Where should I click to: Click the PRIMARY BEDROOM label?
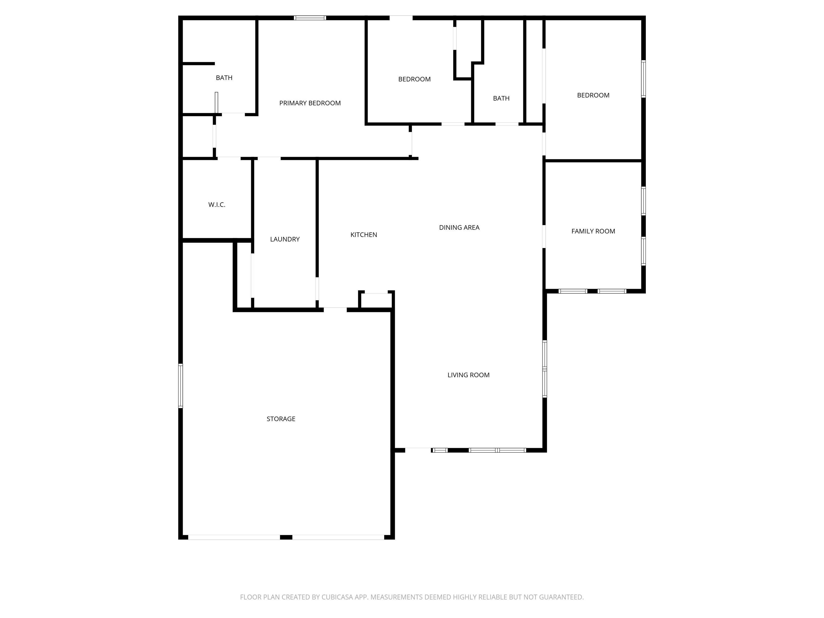coord(310,103)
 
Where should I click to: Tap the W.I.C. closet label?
coord(217,204)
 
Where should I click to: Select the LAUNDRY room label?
coord(285,239)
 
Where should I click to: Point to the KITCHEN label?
coord(363,235)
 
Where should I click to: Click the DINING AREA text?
coord(459,228)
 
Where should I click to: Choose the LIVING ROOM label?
coord(468,375)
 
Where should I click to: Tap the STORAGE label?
coord(281,419)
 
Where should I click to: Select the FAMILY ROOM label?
coord(593,231)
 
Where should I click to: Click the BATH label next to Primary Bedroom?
coord(224,78)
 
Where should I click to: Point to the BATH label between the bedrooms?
coord(501,98)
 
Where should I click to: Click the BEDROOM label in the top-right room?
coord(593,95)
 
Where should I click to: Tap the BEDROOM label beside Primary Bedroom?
coord(414,79)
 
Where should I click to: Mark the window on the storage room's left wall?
coord(181,386)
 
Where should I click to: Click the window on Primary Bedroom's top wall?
coord(310,18)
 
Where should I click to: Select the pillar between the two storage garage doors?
coord(286,537)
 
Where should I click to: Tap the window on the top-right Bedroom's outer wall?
coord(643,79)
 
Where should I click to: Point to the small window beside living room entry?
coord(440,450)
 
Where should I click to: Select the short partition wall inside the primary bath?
coord(198,64)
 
